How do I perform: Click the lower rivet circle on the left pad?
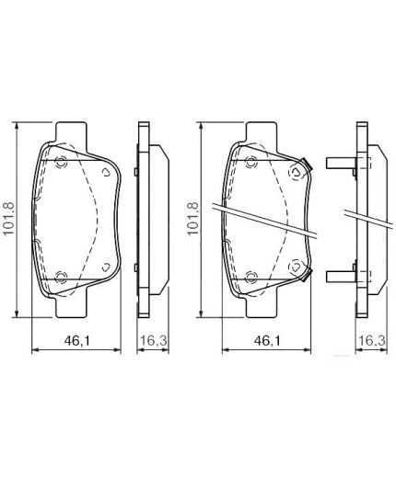(62, 275)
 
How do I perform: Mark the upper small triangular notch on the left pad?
(107, 171)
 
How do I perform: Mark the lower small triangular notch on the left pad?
(107, 267)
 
